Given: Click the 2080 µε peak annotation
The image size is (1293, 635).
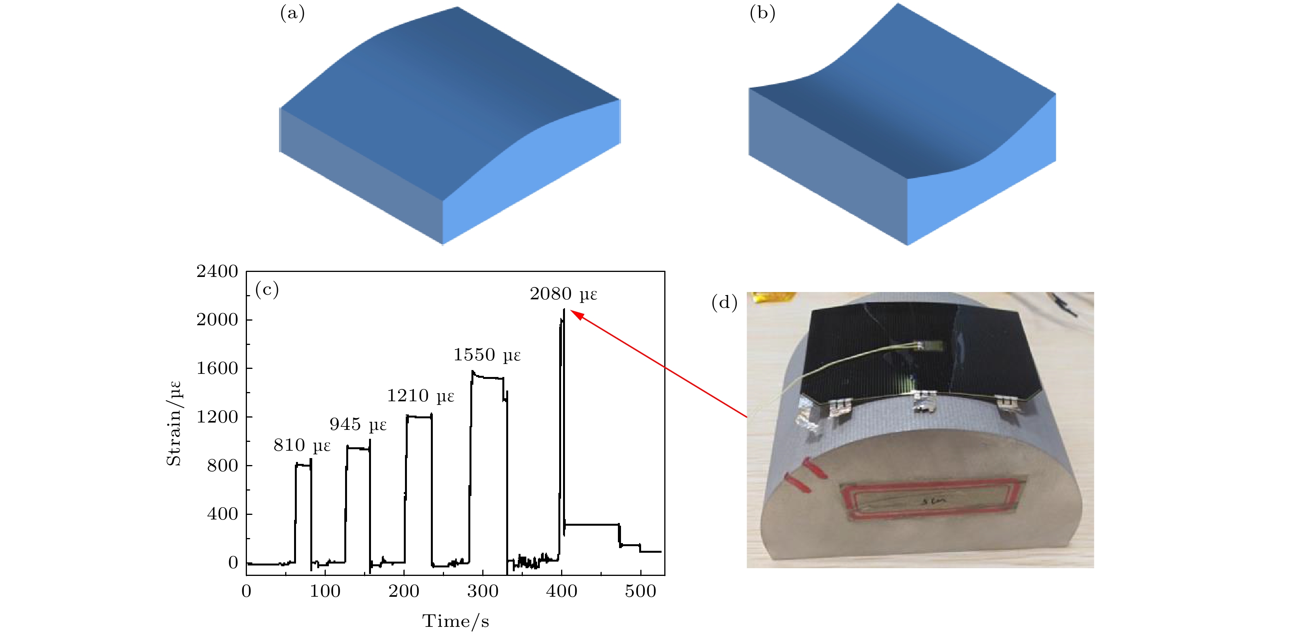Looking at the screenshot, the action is [563, 294].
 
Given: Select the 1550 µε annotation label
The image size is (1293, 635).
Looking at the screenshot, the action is [487, 355].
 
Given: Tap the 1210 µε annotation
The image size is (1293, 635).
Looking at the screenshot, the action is [420, 396].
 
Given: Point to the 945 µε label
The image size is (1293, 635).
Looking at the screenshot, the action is [358, 425].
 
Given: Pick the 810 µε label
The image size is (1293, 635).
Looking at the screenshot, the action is [302, 445].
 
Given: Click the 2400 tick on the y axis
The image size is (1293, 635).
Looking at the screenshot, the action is [217, 272].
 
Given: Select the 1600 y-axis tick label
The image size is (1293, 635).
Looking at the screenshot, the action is [217, 368].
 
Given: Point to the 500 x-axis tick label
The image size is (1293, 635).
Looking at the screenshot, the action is [640, 591].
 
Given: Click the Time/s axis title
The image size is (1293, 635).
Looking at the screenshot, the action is [455, 621].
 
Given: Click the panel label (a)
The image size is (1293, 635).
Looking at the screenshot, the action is [292, 14].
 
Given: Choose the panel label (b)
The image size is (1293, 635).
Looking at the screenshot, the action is [762, 14].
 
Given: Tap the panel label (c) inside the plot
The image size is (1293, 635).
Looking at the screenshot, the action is [267, 290].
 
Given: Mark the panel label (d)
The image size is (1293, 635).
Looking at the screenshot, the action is [724, 302].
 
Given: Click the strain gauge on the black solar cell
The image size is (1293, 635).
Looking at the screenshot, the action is [929, 346].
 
